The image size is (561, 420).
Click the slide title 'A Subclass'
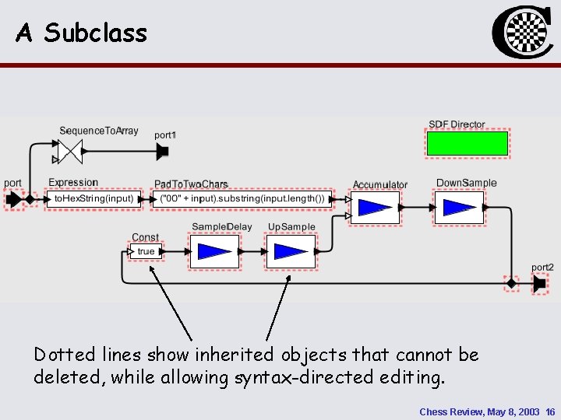pyautogui.click(x=81, y=33)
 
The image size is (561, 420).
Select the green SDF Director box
pyautogui.click(x=467, y=144)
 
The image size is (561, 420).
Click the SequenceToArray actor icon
pyautogui.click(x=70, y=151)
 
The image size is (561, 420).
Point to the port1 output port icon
pyautogui.click(x=162, y=151)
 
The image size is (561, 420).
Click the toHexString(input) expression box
pyautogui.click(x=93, y=199)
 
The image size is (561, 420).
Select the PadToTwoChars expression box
pyautogui.click(x=242, y=199)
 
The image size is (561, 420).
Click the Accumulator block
pyautogui.click(x=375, y=207)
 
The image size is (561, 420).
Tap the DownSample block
pyautogui.click(x=460, y=207)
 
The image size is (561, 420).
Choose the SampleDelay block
pyautogui.click(x=214, y=251)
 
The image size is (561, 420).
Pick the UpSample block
pyautogui.click(x=291, y=251)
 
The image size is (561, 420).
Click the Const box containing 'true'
pyautogui.click(x=144, y=251)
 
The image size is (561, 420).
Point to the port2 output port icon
pyautogui.click(x=539, y=285)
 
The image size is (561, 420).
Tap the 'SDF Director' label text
pyautogui.click(x=457, y=124)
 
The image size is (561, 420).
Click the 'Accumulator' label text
pyautogui.click(x=380, y=185)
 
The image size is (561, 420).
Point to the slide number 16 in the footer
pyautogui.click(x=550, y=411)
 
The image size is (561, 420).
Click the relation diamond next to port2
pyautogui.click(x=511, y=285)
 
